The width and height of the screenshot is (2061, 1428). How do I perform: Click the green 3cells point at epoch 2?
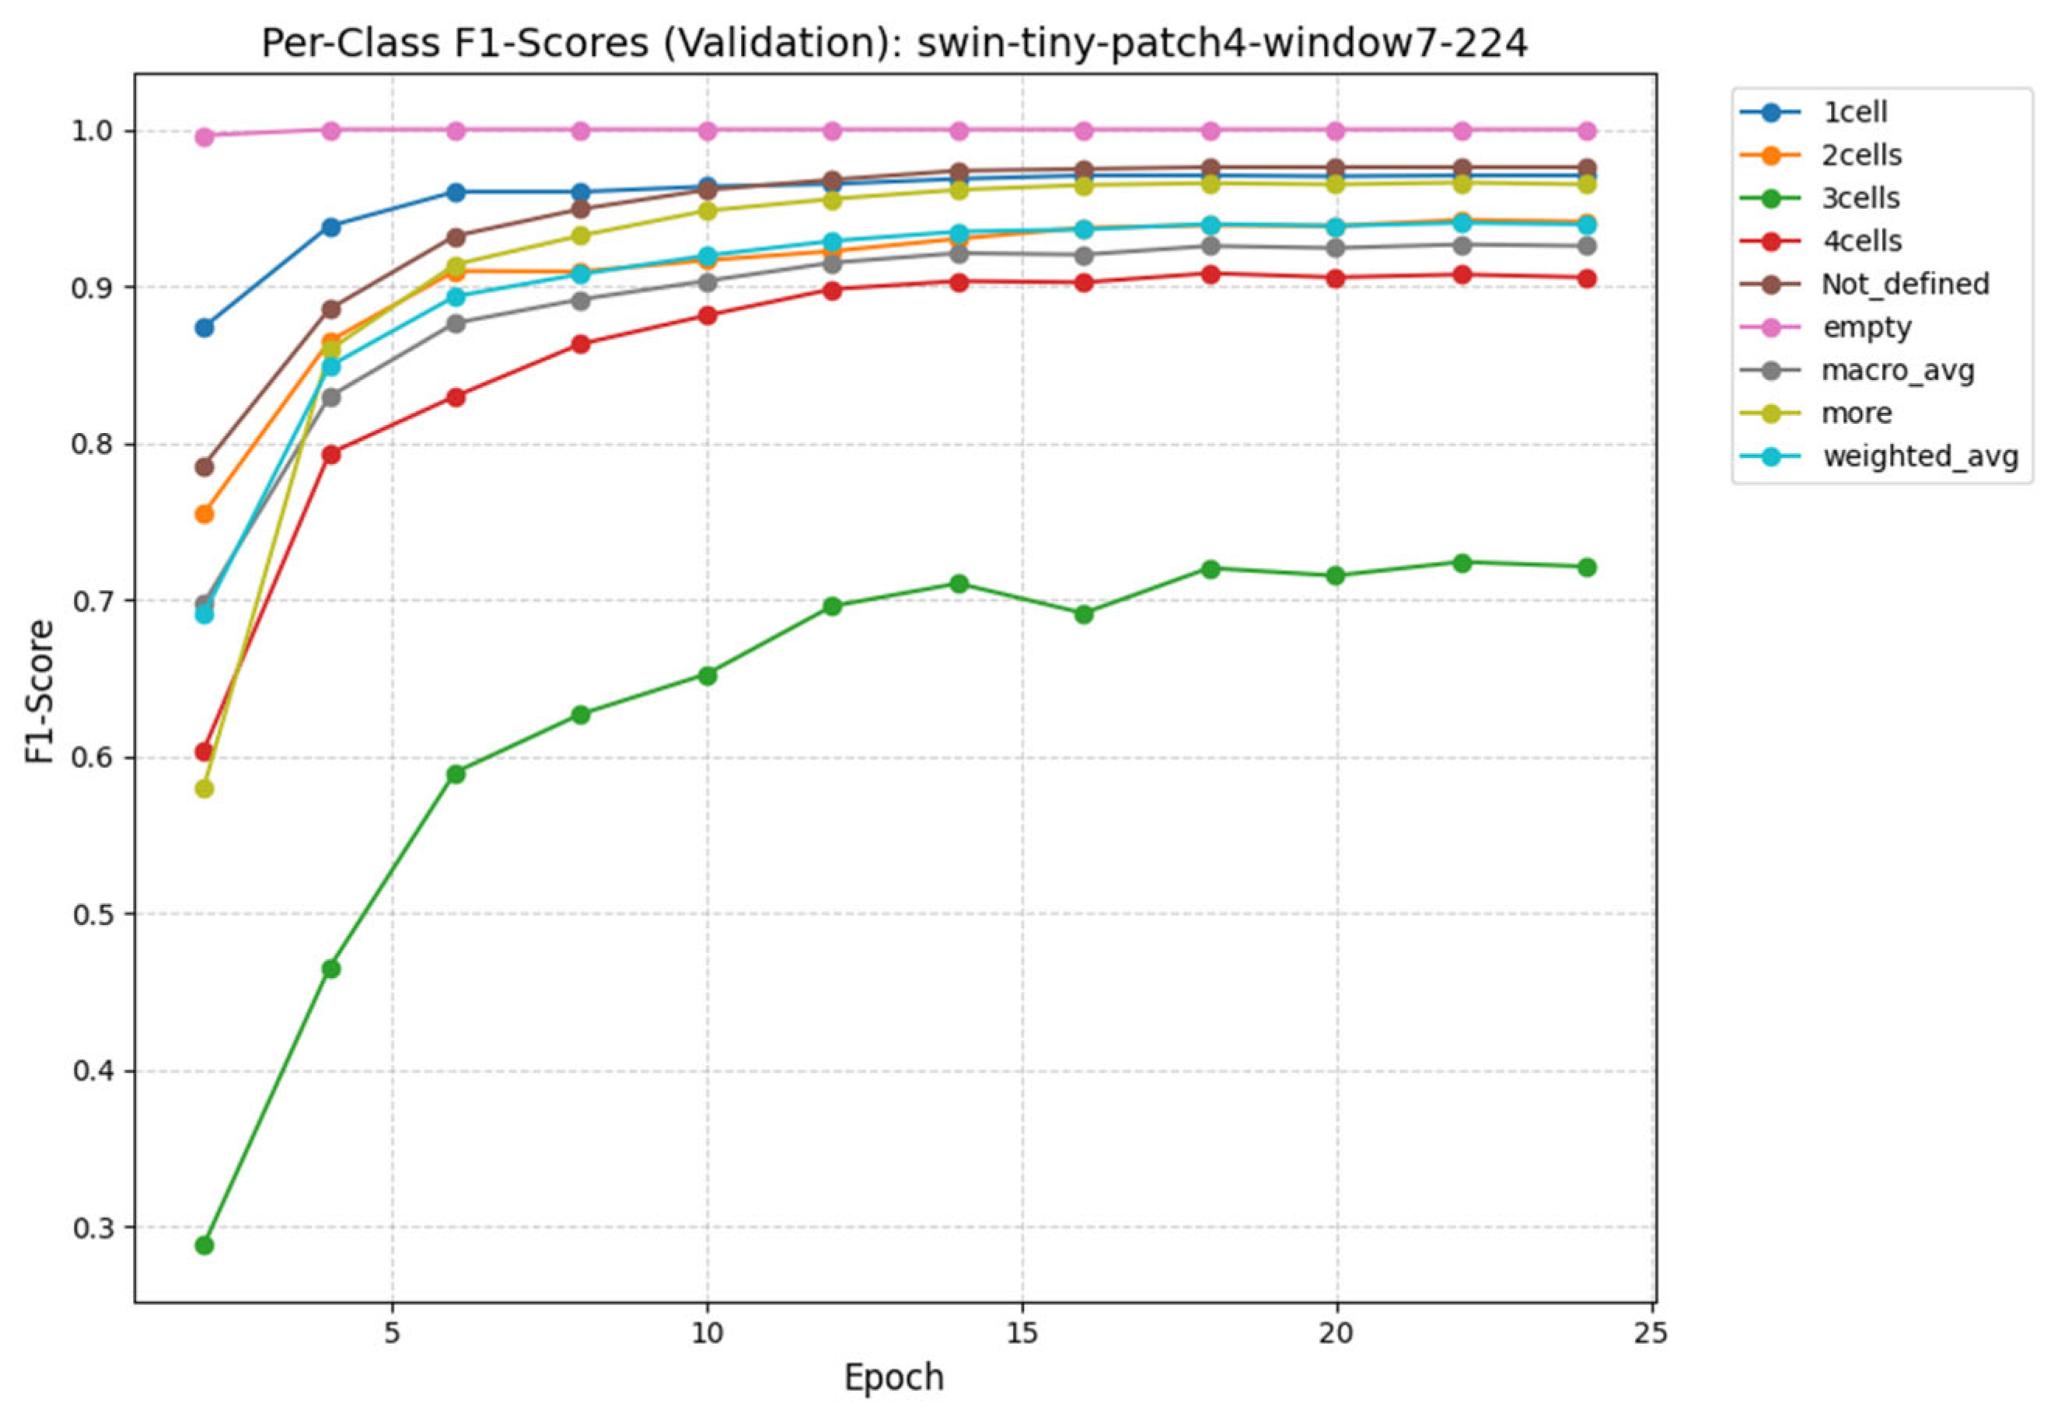(x=204, y=1245)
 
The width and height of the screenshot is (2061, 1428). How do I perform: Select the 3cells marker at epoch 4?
(x=330, y=968)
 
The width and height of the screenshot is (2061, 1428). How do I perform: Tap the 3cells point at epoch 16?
(x=1083, y=614)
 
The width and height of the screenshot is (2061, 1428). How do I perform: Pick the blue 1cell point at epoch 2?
(x=204, y=327)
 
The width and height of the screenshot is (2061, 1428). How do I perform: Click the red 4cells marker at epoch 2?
(x=204, y=751)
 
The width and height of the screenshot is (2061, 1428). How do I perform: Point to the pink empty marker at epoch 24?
(x=1587, y=131)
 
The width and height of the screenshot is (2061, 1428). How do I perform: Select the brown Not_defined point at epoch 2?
(x=204, y=466)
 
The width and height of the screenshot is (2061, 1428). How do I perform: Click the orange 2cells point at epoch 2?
(x=204, y=514)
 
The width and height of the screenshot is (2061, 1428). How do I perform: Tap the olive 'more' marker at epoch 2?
(x=204, y=788)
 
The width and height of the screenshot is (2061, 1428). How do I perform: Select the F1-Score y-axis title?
(x=40, y=691)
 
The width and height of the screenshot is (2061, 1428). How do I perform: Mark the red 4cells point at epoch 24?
(x=1587, y=278)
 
